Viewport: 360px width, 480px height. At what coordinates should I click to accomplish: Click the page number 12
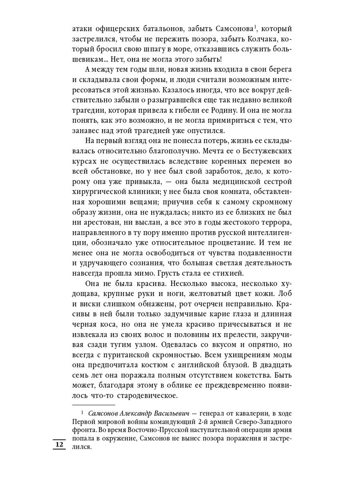click(59, 445)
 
